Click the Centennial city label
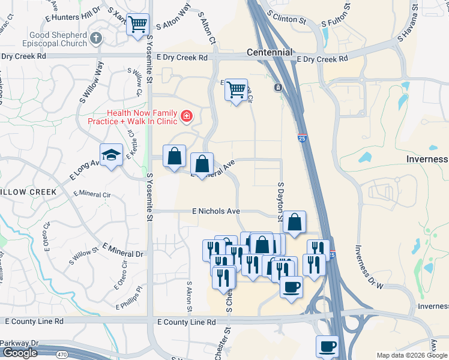pyautogui.click(x=270, y=53)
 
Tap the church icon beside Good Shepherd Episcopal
pyautogui.click(x=96, y=39)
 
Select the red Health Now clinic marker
pyautogui.click(x=187, y=115)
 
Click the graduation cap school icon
pyautogui.click(x=111, y=155)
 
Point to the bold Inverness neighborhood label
pyautogui.click(x=426, y=159)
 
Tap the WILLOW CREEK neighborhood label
pyautogui.click(x=28, y=192)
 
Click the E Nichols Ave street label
pyautogui.click(x=216, y=211)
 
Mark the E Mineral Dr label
pyautogui.click(x=122, y=250)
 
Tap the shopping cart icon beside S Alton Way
pyautogui.click(x=139, y=25)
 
